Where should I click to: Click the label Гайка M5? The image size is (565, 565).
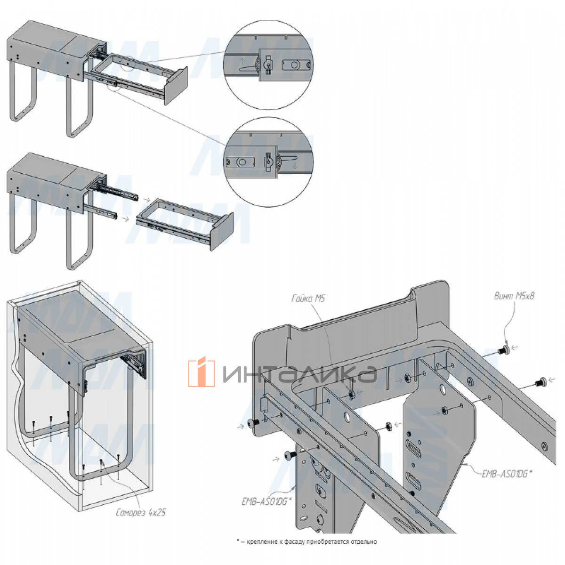pos(308,299)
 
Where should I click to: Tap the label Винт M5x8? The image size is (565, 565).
pos(514,296)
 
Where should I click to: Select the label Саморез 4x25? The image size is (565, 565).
pos(140,512)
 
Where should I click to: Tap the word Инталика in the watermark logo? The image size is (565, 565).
pos(299,374)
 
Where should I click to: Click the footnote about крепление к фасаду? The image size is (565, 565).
pos(307,541)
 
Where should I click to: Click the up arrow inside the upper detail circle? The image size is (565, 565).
pos(242,61)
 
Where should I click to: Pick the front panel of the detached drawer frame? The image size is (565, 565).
pos(222,230)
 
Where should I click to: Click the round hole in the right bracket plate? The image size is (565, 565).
pos(443,389)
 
